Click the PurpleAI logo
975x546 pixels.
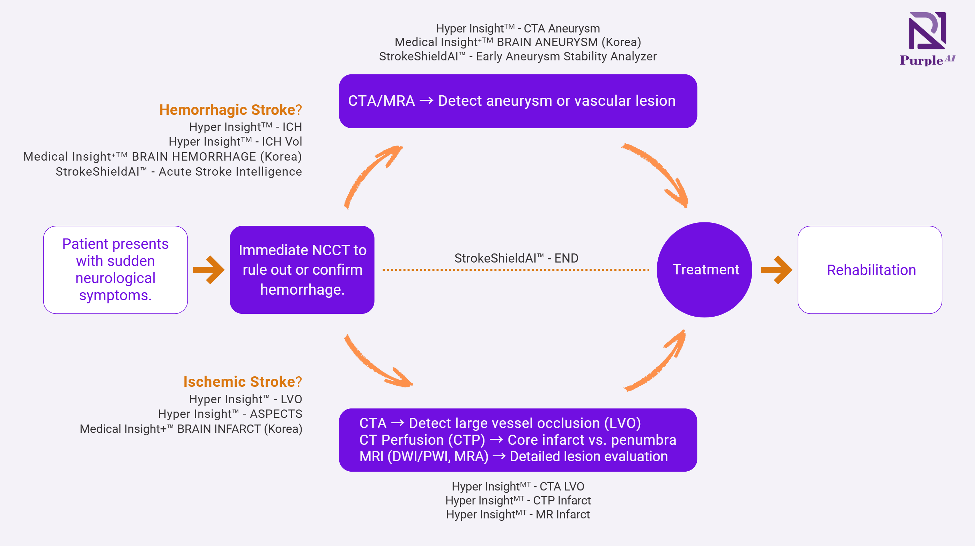pyautogui.click(x=927, y=38)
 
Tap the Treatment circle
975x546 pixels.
pyautogui.click(x=704, y=270)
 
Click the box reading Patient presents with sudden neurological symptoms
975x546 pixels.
pyautogui.click(x=116, y=270)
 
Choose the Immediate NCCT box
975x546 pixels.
pyautogui.click(x=302, y=270)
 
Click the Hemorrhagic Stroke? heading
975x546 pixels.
pyautogui.click(x=230, y=110)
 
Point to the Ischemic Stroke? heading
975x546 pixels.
pyautogui.click(x=243, y=382)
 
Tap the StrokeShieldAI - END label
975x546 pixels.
pyautogui.click(x=516, y=258)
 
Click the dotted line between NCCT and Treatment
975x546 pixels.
pyautogui.click(x=516, y=270)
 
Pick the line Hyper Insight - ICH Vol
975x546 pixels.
pyautogui.click(x=235, y=142)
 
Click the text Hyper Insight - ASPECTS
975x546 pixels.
pyautogui.click(x=230, y=414)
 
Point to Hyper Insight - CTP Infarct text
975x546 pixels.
pyautogui.click(x=518, y=501)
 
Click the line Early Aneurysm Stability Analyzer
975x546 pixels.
pyautogui.click(x=518, y=57)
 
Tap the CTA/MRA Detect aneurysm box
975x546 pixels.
pyautogui.click(x=518, y=101)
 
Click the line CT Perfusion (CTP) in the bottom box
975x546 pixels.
pyautogui.click(x=518, y=440)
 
